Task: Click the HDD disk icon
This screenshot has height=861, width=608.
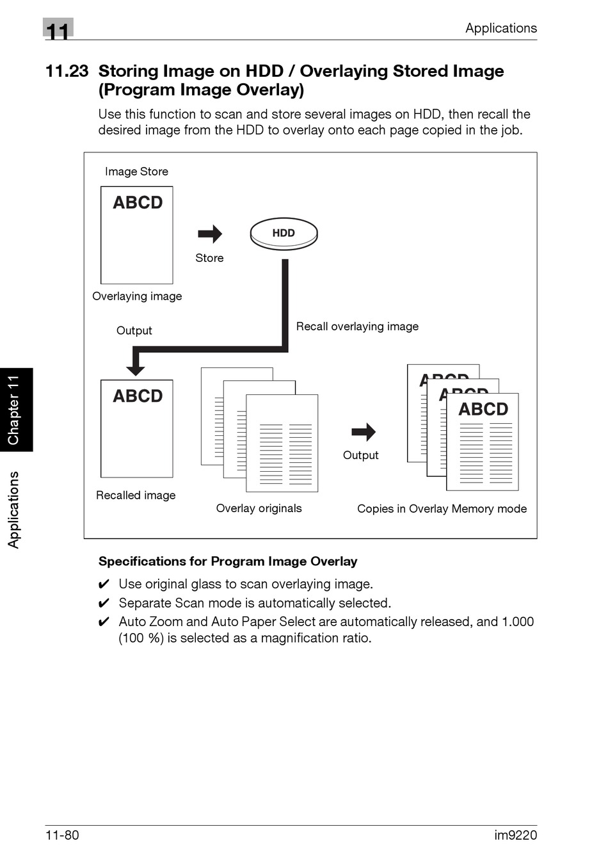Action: (284, 234)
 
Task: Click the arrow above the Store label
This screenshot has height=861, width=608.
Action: (210, 234)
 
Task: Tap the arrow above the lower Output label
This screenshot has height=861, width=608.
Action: (364, 432)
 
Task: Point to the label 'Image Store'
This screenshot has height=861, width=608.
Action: (136, 172)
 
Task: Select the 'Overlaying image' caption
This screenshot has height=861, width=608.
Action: (137, 296)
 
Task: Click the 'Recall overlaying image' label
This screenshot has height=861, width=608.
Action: (357, 326)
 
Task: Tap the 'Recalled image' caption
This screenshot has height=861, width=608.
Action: (136, 495)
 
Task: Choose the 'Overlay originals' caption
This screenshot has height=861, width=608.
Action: (259, 508)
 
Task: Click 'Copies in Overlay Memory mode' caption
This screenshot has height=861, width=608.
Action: (442, 509)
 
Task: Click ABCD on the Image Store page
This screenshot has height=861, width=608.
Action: (138, 203)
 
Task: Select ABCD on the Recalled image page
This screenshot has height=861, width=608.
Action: (138, 396)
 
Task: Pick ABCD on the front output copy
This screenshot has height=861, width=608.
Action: (483, 409)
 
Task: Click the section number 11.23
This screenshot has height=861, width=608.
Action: (67, 71)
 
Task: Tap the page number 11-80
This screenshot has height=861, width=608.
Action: (62, 835)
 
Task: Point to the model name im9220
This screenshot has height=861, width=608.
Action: (515, 835)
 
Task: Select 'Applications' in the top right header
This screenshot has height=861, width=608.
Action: (500, 28)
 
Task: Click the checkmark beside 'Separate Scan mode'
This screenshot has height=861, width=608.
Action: (104, 603)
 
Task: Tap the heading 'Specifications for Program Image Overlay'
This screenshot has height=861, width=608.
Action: (228, 561)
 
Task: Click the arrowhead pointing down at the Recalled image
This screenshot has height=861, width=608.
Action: (136, 369)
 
